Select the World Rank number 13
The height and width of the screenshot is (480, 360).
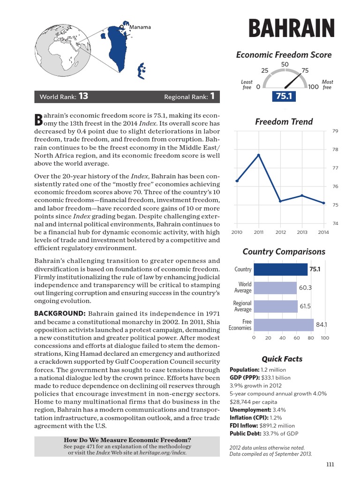tap(83, 97)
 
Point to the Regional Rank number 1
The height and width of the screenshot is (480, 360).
tap(212, 97)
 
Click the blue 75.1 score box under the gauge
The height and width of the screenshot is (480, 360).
tap(284, 96)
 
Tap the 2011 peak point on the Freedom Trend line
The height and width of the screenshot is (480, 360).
tap(259, 155)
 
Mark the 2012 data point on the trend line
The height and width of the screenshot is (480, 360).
tap(280, 201)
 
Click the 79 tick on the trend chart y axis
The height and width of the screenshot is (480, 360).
tap(335, 131)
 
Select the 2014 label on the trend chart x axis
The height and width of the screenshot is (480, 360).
tap(323, 232)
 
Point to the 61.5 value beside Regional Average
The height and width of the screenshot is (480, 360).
tap(305, 306)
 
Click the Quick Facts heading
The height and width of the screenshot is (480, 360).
tap(282, 359)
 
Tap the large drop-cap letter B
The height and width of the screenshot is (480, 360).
tap(39, 119)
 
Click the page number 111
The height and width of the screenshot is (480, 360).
tap(330, 465)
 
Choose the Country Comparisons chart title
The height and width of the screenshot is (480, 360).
tap(284, 252)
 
